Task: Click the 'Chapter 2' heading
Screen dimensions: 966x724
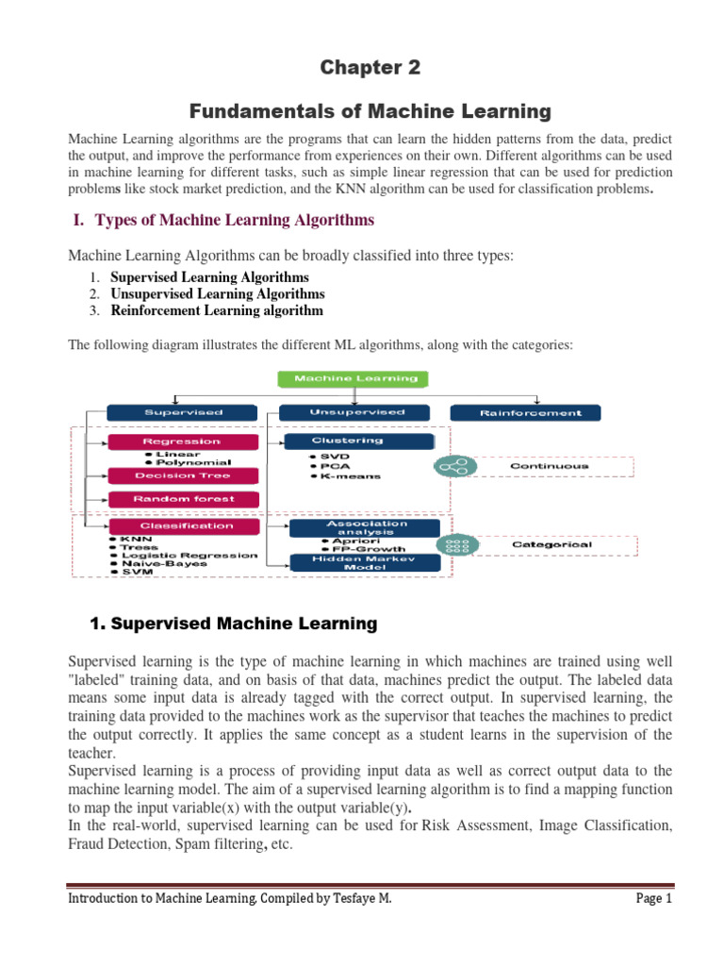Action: pyautogui.click(x=362, y=68)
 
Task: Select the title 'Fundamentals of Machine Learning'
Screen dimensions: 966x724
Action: pyautogui.click(x=362, y=111)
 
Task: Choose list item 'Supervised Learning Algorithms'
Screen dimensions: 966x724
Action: pyautogui.click(x=209, y=277)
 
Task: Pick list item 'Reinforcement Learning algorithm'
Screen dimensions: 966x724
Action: pyautogui.click(x=217, y=310)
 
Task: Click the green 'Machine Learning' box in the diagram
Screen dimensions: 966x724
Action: pyautogui.click(x=352, y=379)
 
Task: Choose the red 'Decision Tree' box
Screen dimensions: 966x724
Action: pyautogui.click(x=170, y=475)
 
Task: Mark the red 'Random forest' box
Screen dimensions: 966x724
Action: pyautogui.click(x=170, y=498)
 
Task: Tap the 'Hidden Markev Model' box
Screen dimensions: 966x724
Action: pyautogui.click(x=363, y=562)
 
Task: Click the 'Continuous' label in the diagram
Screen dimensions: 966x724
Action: pyautogui.click(x=549, y=465)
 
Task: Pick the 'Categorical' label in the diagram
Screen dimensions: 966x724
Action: pyautogui.click(x=551, y=544)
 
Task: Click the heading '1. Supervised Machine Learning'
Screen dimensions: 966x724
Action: pyautogui.click(x=233, y=624)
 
